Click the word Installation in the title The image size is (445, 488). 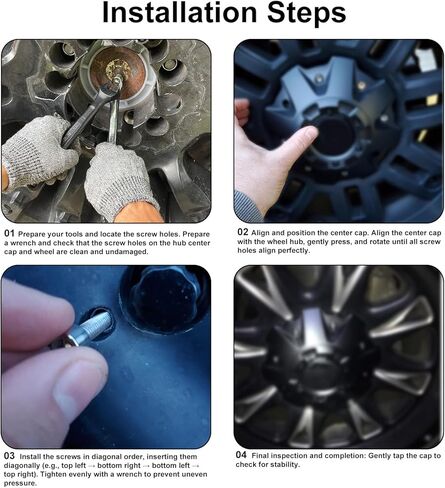click(x=180, y=12)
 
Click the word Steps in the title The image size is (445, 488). click(x=307, y=13)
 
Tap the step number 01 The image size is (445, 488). click(x=9, y=234)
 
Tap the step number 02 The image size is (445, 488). click(x=243, y=232)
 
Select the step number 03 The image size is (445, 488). click(x=9, y=456)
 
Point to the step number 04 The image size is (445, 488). click(x=241, y=455)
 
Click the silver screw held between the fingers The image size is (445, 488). click(x=88, y=329)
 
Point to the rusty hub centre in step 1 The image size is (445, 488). click(x=117, y=71)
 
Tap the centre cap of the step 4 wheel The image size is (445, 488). click(x=320, y=353)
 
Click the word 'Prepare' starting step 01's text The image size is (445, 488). click(x=32, y=234)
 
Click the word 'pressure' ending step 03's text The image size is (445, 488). click(x=19, y=483)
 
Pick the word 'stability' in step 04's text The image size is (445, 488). click(x=284, y=464)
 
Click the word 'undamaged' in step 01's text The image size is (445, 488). click(x=127, y=252)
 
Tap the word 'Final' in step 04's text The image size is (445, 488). click(x=260, y=455)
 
